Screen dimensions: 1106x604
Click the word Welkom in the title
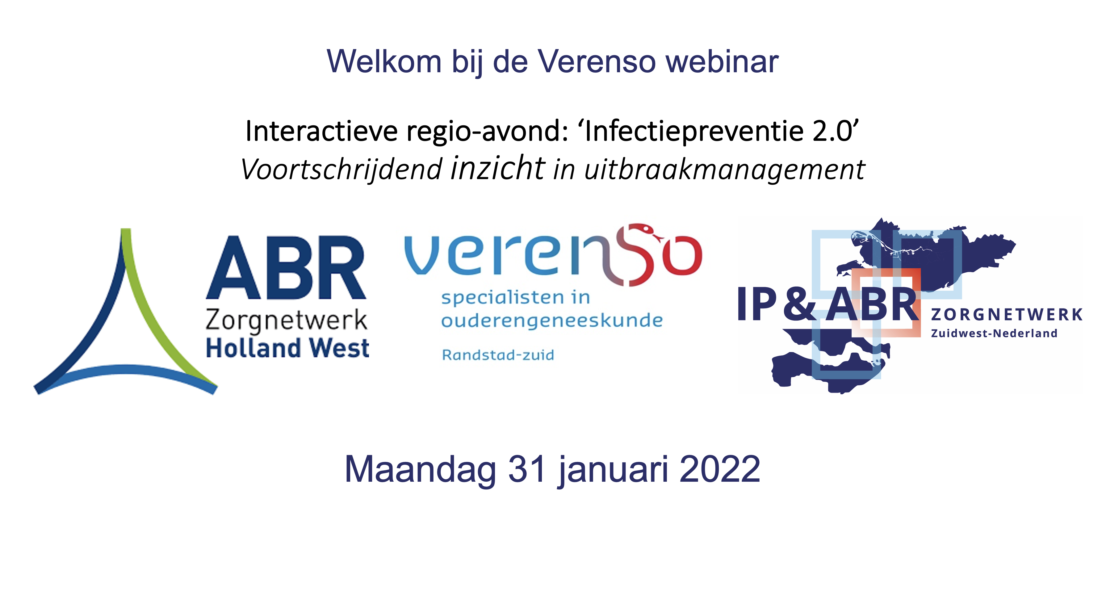(384, 61)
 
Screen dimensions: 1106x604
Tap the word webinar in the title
(722, 61)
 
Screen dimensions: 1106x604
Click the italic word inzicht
(498, 167)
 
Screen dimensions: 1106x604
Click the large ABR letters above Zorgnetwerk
(286, 267)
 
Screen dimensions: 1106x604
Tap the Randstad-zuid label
(498, 355)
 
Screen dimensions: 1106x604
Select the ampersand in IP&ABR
(799, 304)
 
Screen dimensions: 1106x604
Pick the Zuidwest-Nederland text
(994, 333)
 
